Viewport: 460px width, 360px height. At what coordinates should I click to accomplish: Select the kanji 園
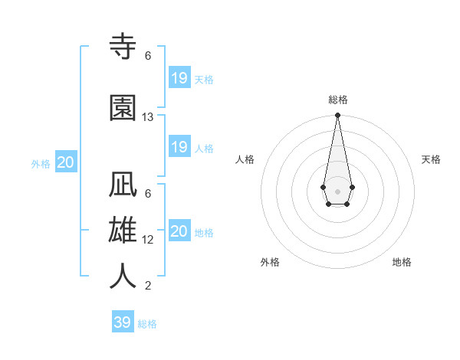coord(123,108)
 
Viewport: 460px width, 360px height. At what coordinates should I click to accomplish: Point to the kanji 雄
coord(123,231)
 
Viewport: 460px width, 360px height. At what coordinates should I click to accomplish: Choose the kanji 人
coord(123,276)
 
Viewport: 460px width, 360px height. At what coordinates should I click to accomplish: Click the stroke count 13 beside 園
coord(148,117)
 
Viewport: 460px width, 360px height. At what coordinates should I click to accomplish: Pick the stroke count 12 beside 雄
coord(148,239)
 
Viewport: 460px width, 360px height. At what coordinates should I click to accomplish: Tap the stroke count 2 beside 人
coord(148,286)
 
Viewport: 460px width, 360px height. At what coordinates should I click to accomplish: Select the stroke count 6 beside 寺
coord(148,56)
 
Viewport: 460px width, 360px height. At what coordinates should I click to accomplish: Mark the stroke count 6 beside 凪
coord(148,194)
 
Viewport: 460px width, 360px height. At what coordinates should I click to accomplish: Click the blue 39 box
coord(123,322)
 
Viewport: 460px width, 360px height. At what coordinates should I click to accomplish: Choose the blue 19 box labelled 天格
coord(179,78)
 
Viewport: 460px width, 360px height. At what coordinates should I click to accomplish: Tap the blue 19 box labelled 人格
coord(179,147)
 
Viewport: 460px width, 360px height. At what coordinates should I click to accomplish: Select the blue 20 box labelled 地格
coord(179,231)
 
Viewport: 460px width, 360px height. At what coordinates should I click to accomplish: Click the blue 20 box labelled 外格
coord(66,162)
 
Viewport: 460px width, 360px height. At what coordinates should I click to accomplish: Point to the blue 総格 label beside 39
coord(148,324)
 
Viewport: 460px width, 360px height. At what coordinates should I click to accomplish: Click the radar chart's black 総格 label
coord(338,100)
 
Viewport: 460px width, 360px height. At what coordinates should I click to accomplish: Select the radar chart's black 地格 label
coord(402,262)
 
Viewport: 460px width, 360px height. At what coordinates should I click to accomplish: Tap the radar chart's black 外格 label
coord(270,262)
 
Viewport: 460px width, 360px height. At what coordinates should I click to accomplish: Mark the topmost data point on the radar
coord(337,116)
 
